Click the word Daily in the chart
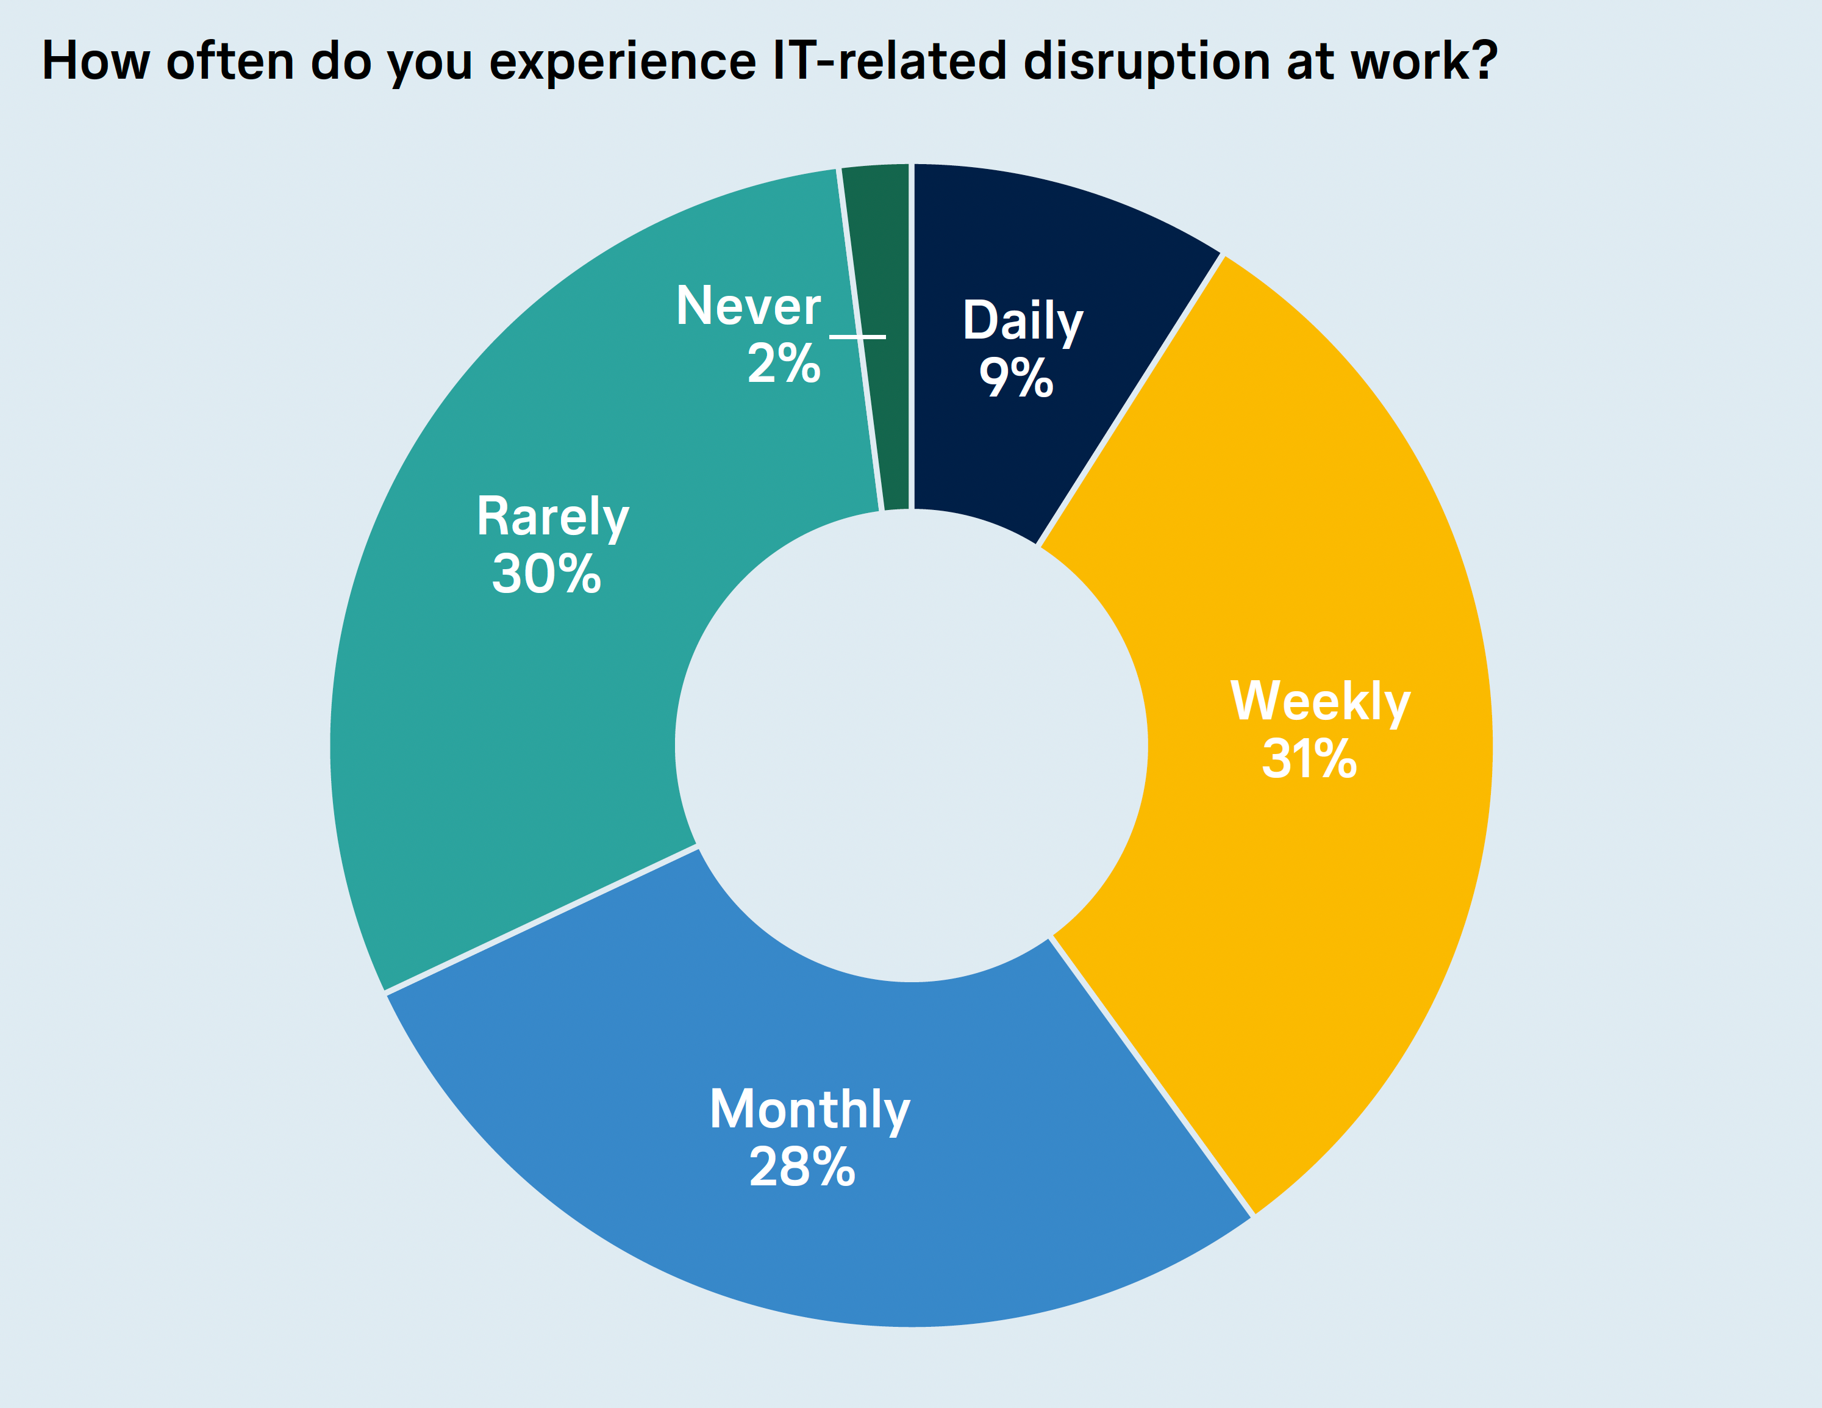click(x=1023, y=321)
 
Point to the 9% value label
click(x=1016, y=378)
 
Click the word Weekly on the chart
click(x=1321, y=702)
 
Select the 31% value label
click(x=1310, y=759)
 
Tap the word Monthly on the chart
click(x=809, y=1111)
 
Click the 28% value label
click(x=802, y=1167)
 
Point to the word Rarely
click(x=552, y=517)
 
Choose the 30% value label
click(x=546, y=574)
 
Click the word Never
click(x=748, y=306)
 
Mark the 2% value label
click(x=784, y=363)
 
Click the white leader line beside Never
click(x=857, y=336)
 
